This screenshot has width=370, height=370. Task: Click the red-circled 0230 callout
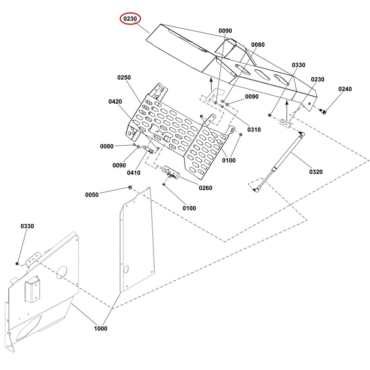tap(130, 18)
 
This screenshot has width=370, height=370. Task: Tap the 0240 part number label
tap(345, 89)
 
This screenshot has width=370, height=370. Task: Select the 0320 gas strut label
tap(316, 172)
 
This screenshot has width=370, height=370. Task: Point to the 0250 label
tap(124, 77)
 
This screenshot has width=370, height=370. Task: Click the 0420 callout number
tap(115, 101)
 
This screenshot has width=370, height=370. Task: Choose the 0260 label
tap(205, 188)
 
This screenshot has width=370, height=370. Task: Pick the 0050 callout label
tap(92, 195)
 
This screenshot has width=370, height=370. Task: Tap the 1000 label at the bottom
tap(100, 328)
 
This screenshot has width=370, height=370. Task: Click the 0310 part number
tap(254, 129)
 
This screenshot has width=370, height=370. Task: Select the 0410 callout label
tap(134, 173)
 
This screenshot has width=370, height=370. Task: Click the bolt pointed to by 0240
tap(323, 111)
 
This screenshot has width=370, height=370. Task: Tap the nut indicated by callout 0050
tap(130, 188)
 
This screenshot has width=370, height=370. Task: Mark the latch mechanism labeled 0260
tap(172, 173)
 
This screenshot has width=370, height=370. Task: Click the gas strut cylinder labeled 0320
tap(279, 161)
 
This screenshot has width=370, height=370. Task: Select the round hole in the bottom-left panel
tap(62, 272)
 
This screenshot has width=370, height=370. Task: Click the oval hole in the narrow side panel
tap(126, 270)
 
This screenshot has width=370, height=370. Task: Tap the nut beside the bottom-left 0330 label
tap(17, 263)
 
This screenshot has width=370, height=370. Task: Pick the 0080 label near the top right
tap(258, 44)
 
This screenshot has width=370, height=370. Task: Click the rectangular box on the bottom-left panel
tap(31, 289)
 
